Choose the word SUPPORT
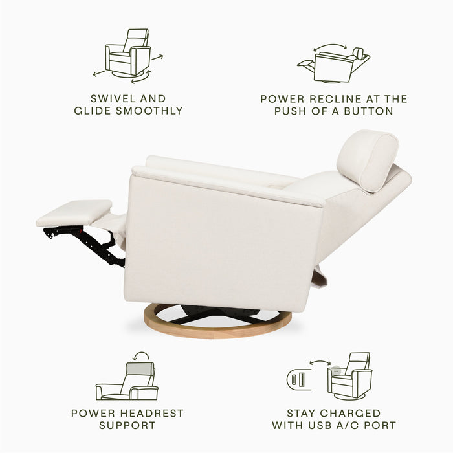[127, 425]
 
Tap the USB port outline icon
[297, 379]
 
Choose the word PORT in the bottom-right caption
[380, 425]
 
